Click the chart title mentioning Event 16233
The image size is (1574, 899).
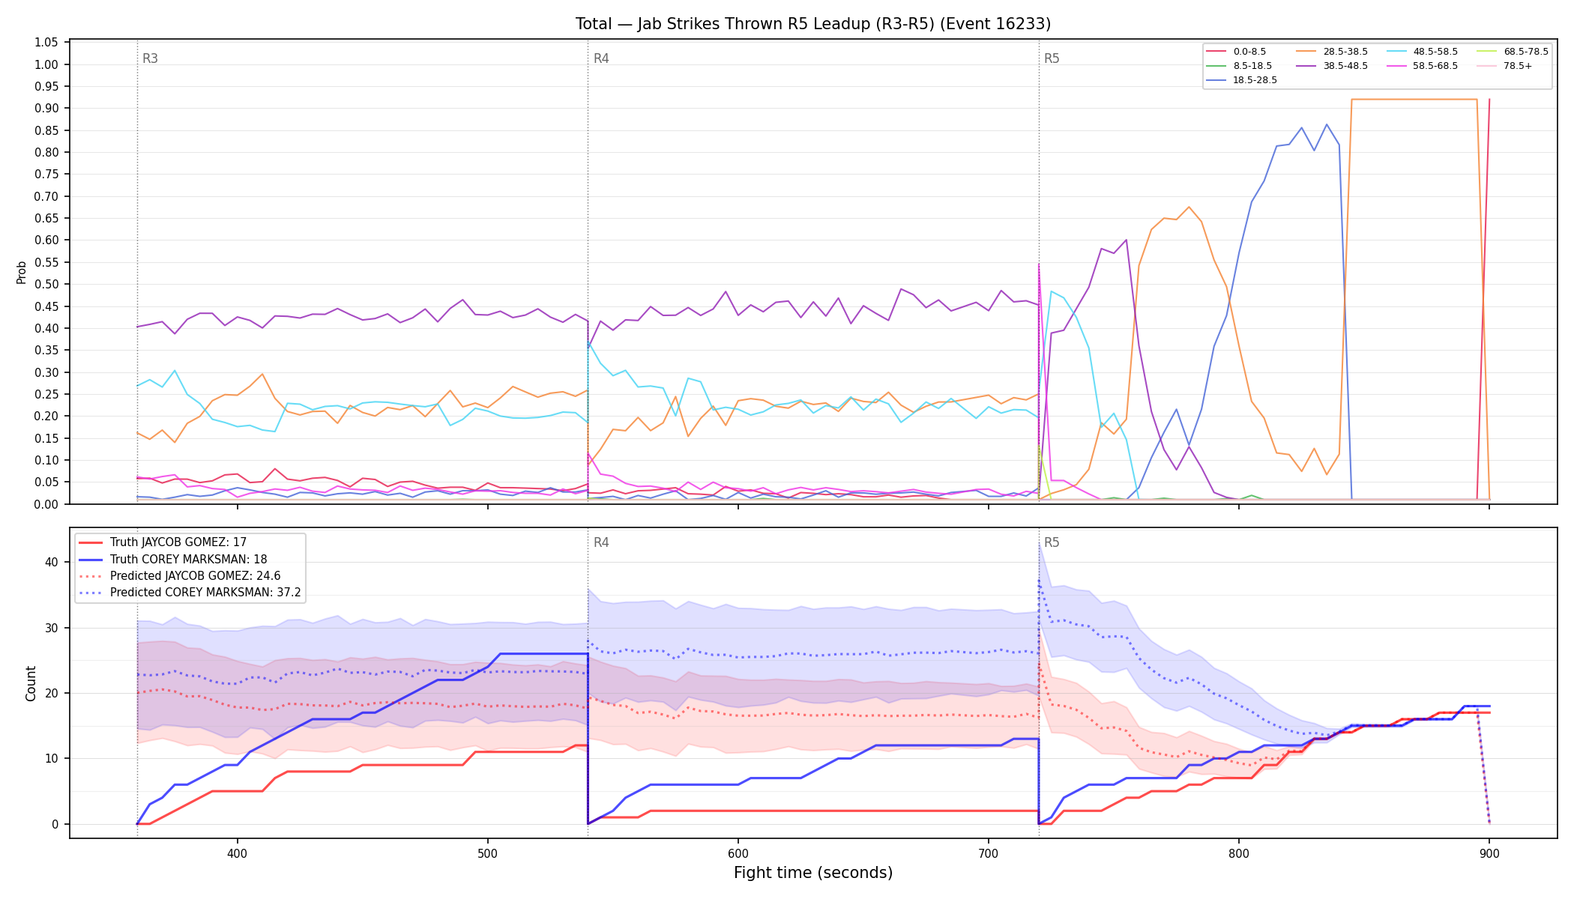813,24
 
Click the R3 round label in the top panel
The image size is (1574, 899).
150,58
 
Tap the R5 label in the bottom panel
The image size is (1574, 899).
1052,542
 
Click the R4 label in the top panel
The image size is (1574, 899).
601,58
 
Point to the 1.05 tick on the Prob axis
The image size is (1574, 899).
46,43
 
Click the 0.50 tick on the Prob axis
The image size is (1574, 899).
46,285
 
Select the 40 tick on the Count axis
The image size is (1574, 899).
52,563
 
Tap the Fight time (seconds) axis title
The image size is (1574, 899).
813,873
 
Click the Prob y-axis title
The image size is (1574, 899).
22,272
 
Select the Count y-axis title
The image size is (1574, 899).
31,683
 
